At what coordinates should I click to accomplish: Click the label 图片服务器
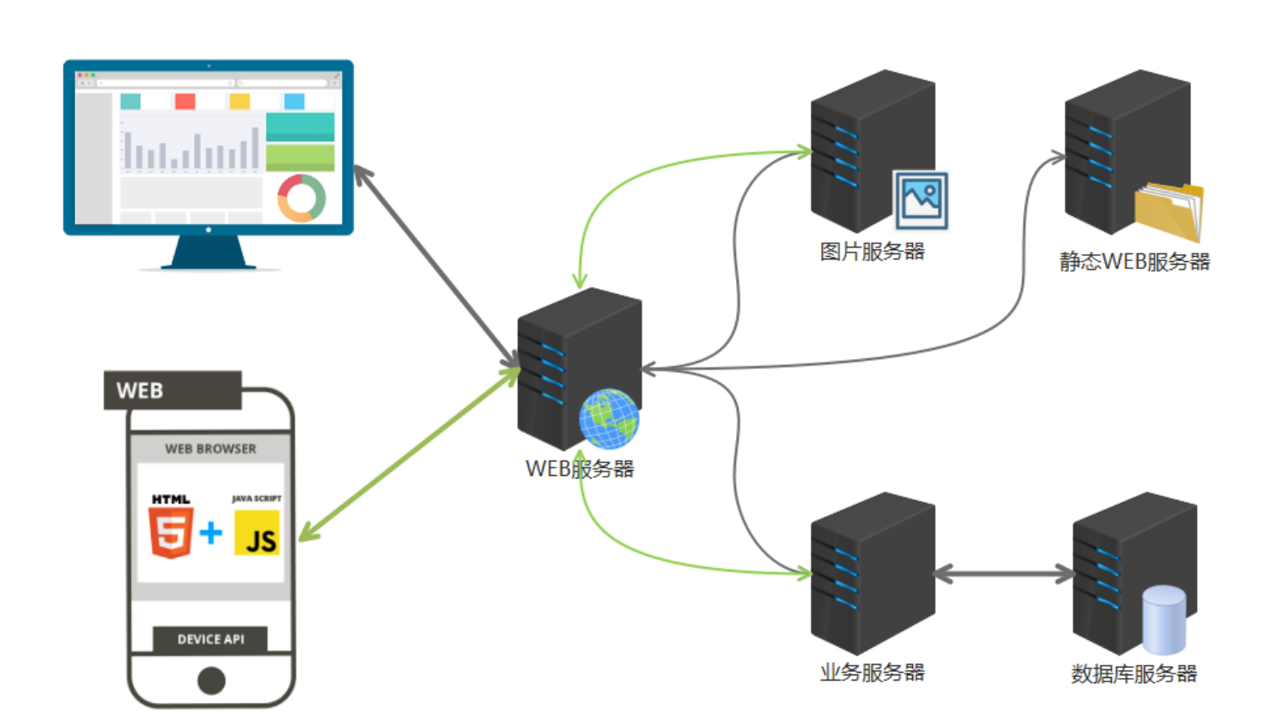872,252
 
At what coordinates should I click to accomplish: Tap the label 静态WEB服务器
1134,261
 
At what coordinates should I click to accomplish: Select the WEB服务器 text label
580,469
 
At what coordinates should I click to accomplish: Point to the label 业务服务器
872,673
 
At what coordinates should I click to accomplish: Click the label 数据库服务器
1134,674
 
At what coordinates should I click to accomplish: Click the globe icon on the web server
609,419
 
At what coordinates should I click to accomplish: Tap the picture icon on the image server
921,200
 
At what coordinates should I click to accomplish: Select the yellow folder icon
1168,211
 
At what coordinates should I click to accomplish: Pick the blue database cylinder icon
1164,619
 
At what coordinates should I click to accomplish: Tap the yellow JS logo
257,534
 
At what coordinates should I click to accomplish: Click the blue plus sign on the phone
210,533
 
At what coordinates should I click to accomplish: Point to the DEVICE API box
210,639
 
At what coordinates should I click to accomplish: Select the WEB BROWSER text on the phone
210,449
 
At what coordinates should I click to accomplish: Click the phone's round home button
211,680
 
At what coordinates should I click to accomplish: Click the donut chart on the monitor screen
301,198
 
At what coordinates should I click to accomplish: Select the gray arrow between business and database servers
1003,574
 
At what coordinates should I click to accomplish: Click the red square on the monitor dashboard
185,101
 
